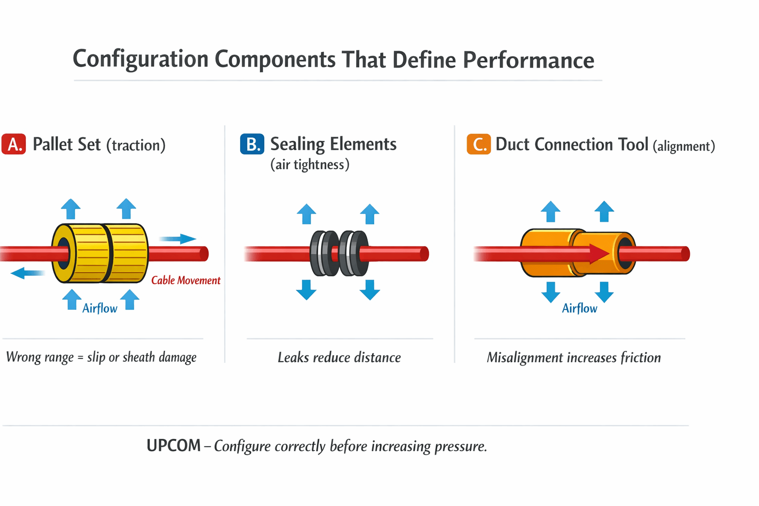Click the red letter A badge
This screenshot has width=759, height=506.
tap(14, 144)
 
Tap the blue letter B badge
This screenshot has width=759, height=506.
tap(252, 144)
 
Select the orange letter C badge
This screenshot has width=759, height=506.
tap(478, 144)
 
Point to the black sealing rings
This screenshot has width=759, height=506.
tap(339, 253)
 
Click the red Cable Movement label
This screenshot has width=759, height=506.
tap(186, 280)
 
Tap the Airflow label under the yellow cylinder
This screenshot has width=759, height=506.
tap(100, 308)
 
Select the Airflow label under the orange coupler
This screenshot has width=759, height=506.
tap(580, 308)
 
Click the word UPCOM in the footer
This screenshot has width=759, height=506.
tap(173, 446)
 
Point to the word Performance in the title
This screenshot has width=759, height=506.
tap(528, 60)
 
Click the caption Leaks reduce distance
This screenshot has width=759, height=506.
tap(339, 357)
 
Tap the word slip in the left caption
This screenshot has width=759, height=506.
tap(96, 357)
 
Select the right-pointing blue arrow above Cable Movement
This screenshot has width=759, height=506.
tap(178, 239)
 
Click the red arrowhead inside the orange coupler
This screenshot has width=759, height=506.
tap(599, 253)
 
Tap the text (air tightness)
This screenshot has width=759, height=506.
tap(310, 165)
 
